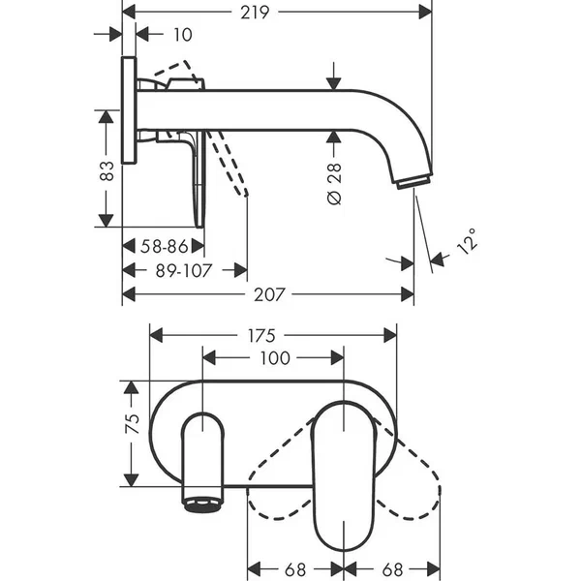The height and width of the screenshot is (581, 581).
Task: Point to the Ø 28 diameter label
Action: [334, 182]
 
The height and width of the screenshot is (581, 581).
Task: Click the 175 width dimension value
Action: [274, 336]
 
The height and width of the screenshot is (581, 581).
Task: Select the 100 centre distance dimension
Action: [274, 358]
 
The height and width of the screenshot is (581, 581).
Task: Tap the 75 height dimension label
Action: [134, 422]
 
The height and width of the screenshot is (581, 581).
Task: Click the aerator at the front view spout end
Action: [202, 505]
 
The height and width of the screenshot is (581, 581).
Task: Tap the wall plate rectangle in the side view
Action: [129, 112]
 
